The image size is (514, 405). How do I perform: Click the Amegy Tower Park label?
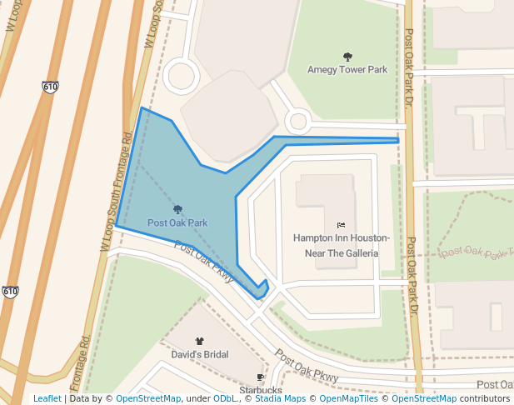tap(347, 70)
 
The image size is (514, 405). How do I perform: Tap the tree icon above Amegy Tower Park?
tap(347, 57)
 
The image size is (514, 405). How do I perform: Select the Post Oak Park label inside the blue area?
tap(177, 222)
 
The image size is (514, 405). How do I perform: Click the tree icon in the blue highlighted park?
tap(177, 209)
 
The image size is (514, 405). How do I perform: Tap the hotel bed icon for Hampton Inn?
tap(341, 225)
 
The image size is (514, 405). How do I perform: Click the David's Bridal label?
tap(199, 354)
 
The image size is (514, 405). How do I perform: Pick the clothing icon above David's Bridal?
tap(199, 341)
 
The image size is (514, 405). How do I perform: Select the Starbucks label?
tap(261, 389)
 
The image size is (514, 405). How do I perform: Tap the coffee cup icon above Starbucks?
tap(261, 377)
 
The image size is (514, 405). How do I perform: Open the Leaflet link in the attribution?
tap(47, 399)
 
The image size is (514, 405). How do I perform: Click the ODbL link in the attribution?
tap(225, 399)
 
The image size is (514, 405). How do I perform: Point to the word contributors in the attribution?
tap(484, 399)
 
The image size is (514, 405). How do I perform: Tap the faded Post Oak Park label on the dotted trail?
tap(475, 251)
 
